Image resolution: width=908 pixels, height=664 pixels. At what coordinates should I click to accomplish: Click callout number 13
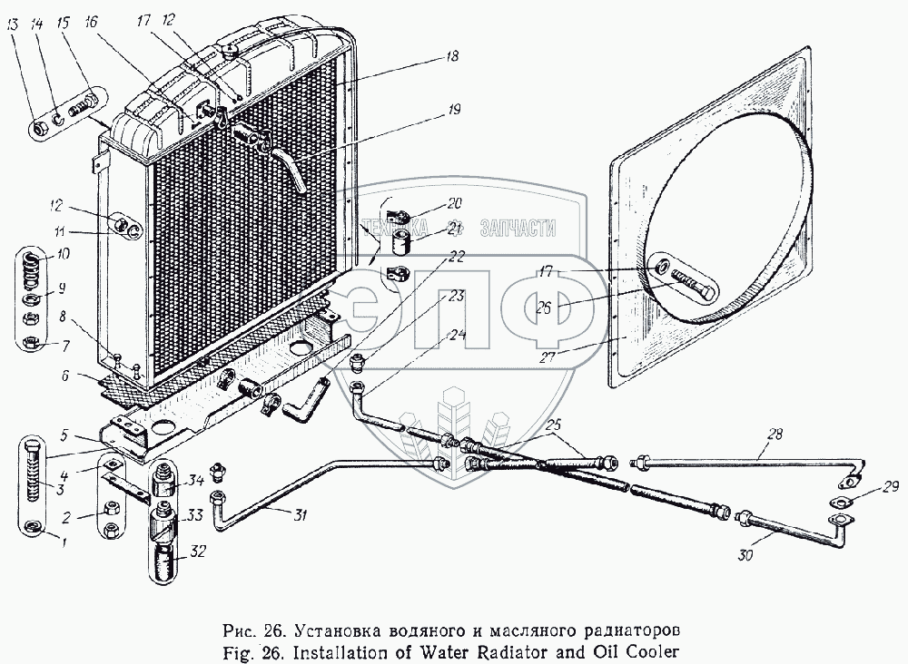(13, 24)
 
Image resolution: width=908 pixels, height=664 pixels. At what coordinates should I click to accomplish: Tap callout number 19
(454, 110)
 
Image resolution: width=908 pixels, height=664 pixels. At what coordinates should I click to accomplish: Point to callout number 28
(775, 434)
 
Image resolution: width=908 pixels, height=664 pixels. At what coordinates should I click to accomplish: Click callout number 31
(300, 514)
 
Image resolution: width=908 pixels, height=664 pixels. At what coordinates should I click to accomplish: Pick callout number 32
(197, 552)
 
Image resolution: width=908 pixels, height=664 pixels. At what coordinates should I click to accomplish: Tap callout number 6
(64, 376)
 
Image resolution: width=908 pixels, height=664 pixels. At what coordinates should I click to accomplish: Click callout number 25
(554, 425)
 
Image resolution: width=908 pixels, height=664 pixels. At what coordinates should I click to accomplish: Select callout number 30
(745, 555)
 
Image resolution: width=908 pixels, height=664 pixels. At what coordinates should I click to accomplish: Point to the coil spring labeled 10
(31, 269)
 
